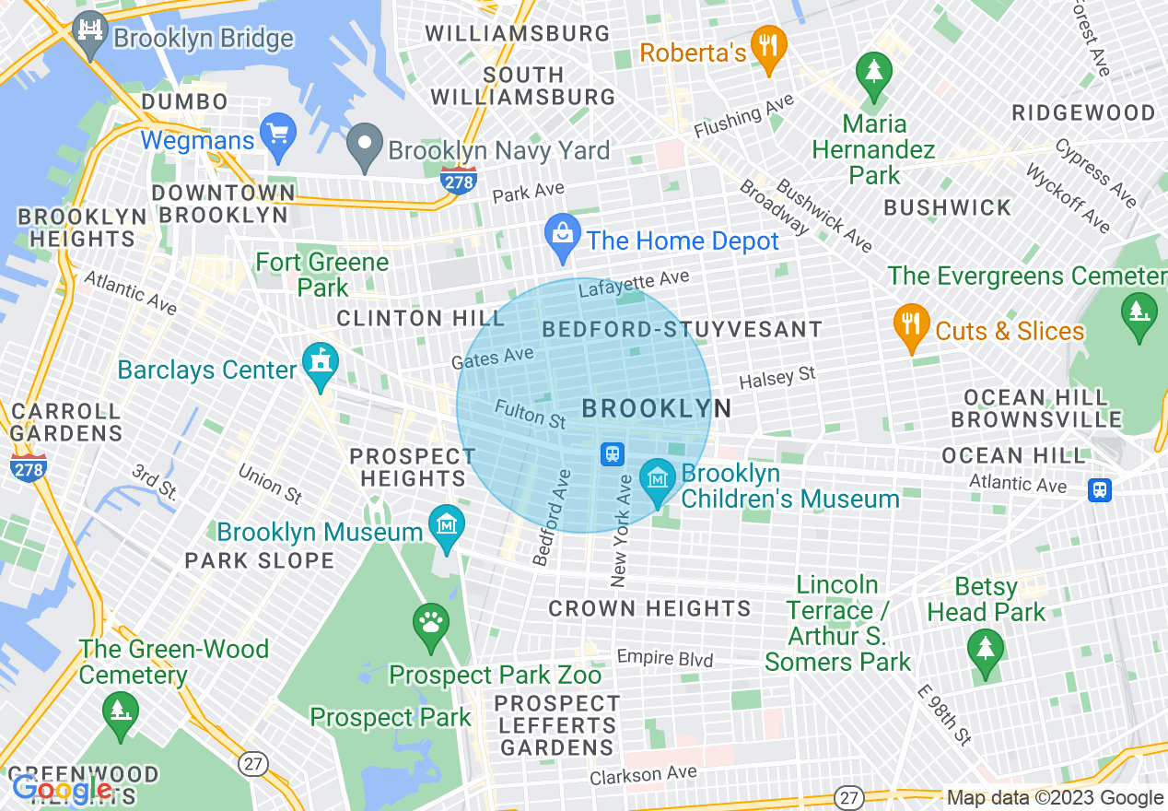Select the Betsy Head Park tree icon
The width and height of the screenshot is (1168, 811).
(986, 651)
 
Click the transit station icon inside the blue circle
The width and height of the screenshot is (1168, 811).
(613, 453)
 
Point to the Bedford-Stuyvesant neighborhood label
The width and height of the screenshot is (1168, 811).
(682, 329)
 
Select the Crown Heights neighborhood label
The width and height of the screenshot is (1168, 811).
(649, 608)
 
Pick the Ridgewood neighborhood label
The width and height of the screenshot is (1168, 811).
(1082, 112)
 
